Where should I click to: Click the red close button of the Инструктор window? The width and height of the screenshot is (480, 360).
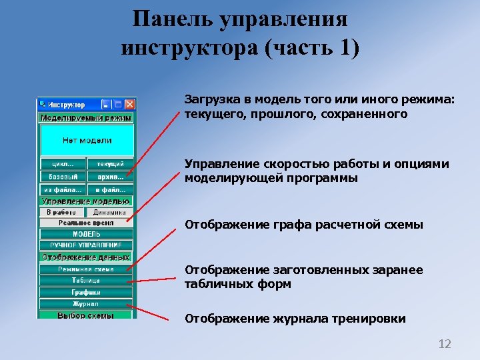pyautogui.click(x=130, y=105)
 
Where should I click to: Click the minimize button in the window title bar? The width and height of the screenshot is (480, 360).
pyautogui.click(x=106, y=105)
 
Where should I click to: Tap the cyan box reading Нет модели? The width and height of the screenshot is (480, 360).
pyautogui.click(x=87, y=141)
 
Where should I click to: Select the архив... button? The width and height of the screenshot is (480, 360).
pyautogui.click(x=110, y=177)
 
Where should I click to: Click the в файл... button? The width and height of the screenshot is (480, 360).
pyautogui.click(x=110, y=189)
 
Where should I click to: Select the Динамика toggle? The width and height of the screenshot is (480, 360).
pyautogui.click(x=109, y=212)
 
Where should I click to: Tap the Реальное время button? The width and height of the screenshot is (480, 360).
pyautogui.click(x=87, y=223)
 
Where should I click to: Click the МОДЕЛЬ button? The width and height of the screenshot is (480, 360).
pyautogui.click(x=87, y=234)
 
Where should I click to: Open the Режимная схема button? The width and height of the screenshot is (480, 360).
pyautogui.click(x=87, y=269)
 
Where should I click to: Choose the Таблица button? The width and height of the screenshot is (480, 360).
pyautogui.click(x=87, y=281)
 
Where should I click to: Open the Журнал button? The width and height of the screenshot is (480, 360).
pyautogui.click(x=87, y=304)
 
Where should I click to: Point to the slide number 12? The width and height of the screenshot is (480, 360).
pyautogui.click(x=444, y=344)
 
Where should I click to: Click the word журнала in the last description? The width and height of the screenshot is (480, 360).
pyautogui.click(x=294, y=319)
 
